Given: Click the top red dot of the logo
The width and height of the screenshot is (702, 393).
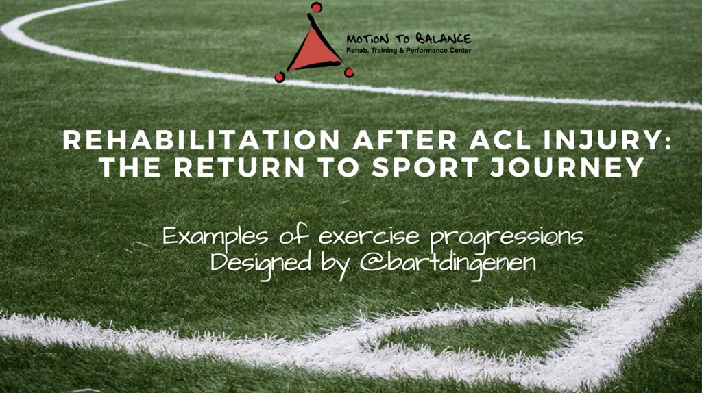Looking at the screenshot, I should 316,8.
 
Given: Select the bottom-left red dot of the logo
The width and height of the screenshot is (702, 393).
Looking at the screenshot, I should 279,77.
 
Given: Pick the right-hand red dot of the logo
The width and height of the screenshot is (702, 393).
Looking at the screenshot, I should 349,72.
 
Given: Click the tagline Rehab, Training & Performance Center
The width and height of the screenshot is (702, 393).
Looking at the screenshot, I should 409,50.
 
